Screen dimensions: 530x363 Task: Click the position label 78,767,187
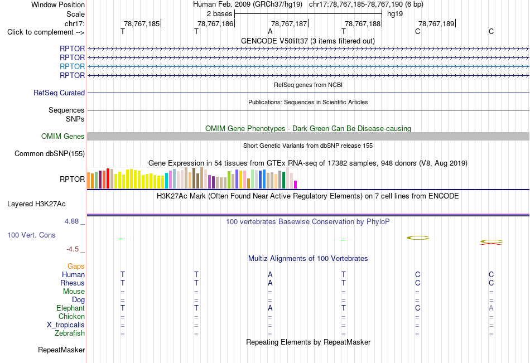289,23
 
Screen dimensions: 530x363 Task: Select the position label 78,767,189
436,23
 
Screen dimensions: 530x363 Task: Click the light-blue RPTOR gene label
73,66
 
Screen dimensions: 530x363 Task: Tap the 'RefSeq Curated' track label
59,93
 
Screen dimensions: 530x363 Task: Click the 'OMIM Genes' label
63,136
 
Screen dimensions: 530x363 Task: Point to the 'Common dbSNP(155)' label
50,153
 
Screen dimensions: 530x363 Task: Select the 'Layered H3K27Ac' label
36,204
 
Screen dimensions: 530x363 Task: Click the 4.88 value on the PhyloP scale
71,221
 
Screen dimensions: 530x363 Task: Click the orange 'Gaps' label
76,267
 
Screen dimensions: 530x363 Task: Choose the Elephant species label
71,308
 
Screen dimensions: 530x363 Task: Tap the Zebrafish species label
70,333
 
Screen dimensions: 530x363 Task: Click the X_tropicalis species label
66,325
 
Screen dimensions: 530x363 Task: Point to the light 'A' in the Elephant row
491,308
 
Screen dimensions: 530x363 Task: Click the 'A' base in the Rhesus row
270,283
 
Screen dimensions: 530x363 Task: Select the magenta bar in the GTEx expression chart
296,185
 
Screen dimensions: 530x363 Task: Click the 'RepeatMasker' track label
61,350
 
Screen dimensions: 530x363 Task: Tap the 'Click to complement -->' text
46,32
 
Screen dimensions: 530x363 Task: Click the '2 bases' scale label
220,14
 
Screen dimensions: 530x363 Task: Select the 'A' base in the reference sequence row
270,31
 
